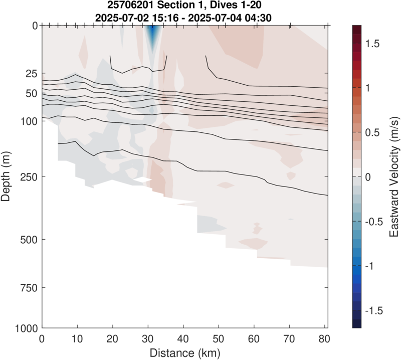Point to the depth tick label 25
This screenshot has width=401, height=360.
pos(31,73)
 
